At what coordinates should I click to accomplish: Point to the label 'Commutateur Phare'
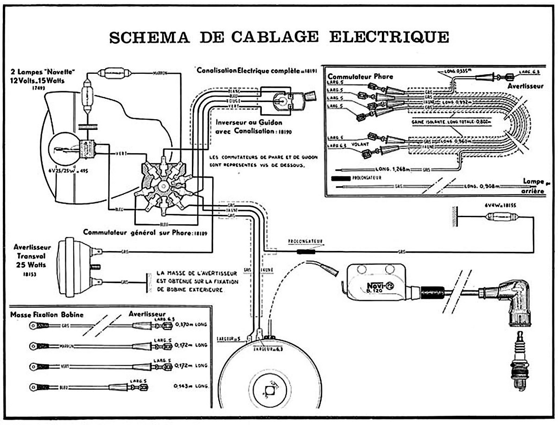pyautogui.click(x=360, y=77)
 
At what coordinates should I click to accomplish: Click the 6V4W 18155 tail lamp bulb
pyautogui.click(x=502, y=216)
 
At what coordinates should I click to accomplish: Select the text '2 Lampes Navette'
pyautogui.click(x=44, y=71)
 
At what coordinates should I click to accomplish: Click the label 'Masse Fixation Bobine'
pyautogui.click(x=47, y=315)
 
